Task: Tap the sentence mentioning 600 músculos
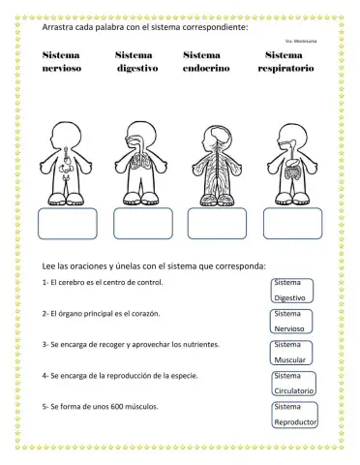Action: tap(109, 405)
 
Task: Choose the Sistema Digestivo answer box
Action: tap(290, 291)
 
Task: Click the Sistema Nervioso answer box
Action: tap(290, 322)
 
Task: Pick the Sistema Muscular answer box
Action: tap(290, 353)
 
